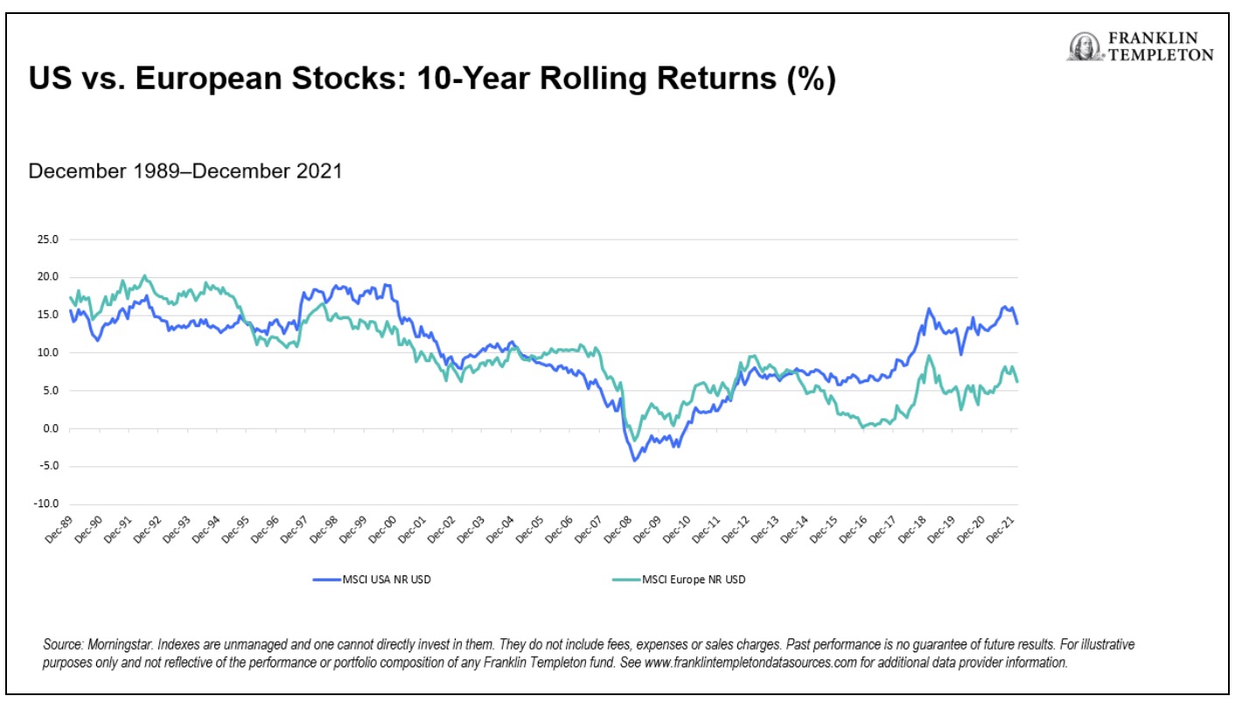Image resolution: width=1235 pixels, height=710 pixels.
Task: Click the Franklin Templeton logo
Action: tap(1139, 46)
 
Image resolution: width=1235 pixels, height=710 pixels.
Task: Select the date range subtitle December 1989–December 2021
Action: tap(185, 171)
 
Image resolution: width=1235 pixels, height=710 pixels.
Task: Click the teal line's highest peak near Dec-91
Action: tap(144, 276)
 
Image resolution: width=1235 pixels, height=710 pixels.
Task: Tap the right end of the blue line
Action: tap(1017, 324)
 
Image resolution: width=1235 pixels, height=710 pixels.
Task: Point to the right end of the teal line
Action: tap(1017, 381)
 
